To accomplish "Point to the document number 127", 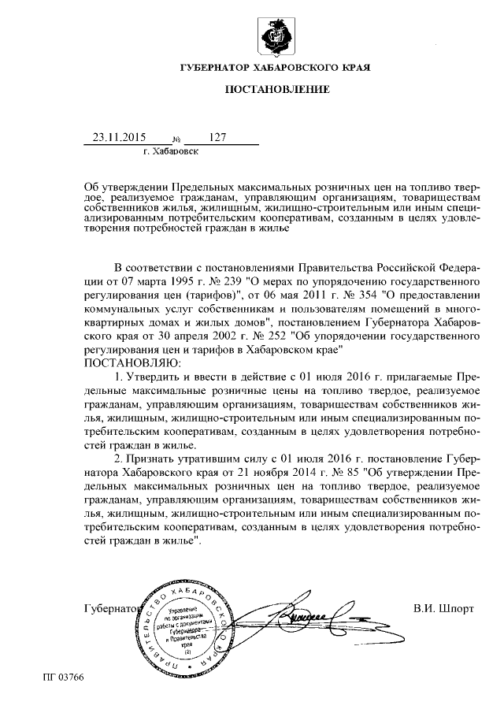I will (218, 137).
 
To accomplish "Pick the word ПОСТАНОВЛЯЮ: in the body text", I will (132, 362).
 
